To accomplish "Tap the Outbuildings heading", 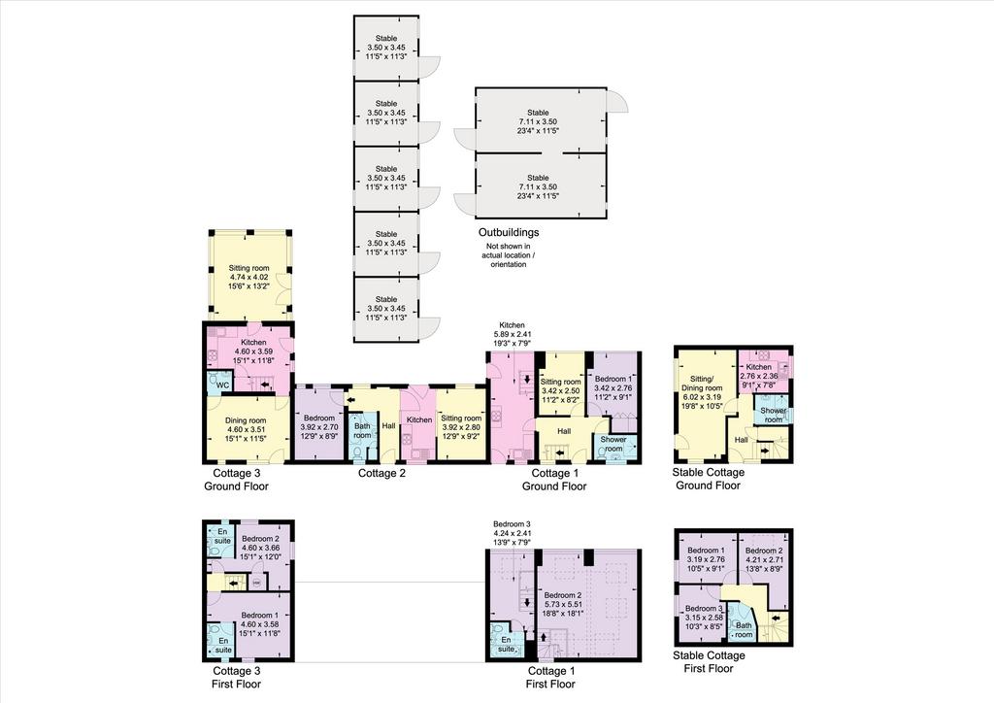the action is click(509, 233).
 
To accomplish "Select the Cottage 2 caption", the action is click(381, 473).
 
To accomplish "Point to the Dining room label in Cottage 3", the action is click(246, 428).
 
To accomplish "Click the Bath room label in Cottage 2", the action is click(362, 431).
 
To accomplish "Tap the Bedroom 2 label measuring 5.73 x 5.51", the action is click(563, 604).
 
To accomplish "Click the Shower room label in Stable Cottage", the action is click(774, 416).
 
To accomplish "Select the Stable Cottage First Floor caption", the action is click(709, 662).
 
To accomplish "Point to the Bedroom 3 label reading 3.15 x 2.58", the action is click(705, 618).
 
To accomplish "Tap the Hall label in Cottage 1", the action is click(564, 432).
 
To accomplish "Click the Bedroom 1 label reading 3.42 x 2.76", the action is click(613, 388).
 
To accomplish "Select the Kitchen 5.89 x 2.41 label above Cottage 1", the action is click(513, 334).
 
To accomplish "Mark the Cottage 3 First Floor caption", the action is click(236, 677).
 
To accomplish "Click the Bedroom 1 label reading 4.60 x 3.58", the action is click(260, 623).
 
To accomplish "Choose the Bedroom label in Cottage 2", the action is click(318, 427).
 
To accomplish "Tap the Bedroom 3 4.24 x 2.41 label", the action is click(513, 533).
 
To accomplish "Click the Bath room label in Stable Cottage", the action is click(745, 630).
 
